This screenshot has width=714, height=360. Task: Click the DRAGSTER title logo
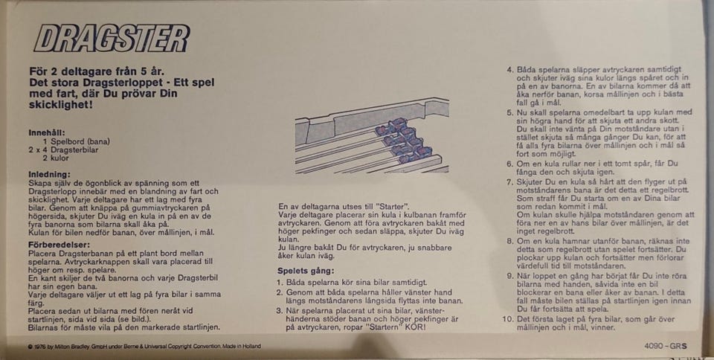(112, 38)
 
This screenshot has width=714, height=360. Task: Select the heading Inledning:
(50, 174)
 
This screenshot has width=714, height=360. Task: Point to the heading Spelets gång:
(306, 271)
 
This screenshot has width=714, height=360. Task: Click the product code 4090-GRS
(665, 346)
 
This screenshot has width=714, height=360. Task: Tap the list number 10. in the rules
(508, 319)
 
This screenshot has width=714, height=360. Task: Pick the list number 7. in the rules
(510, 181)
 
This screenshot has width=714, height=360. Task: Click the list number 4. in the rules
(510, 70)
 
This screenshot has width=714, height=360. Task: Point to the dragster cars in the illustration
(403, 140)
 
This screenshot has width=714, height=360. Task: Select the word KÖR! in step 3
(416, 327)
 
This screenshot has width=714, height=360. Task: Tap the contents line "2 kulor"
(56, 158)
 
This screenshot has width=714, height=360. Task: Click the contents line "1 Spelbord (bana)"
(77, 141)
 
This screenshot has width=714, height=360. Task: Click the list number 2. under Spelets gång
(281, 292)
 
